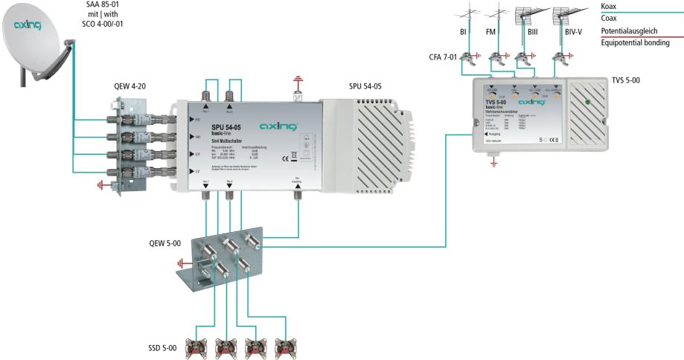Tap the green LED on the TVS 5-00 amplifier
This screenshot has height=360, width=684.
click(588, 103)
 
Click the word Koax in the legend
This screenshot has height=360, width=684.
click(608, 6)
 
